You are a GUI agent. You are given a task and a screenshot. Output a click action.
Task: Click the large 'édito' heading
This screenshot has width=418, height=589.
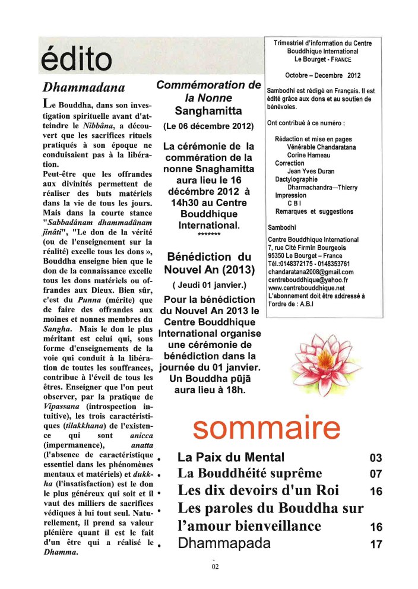coord(76,59)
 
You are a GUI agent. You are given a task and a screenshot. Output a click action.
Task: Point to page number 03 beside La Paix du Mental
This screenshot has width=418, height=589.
coord(375,458)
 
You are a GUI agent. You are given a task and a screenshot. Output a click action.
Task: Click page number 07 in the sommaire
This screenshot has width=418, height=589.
coord(375,474)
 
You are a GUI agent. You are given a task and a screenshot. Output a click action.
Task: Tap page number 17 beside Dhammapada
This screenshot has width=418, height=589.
coord(375,544)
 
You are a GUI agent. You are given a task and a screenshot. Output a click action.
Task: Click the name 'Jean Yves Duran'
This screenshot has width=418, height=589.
coord(312,170)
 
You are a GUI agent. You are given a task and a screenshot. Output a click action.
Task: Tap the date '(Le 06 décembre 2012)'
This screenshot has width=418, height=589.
coord(208,126)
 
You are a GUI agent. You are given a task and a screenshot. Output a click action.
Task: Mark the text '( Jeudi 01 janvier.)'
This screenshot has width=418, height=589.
coord(208,284)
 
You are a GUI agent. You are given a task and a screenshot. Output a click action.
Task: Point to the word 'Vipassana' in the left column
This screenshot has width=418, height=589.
coord(59,407)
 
